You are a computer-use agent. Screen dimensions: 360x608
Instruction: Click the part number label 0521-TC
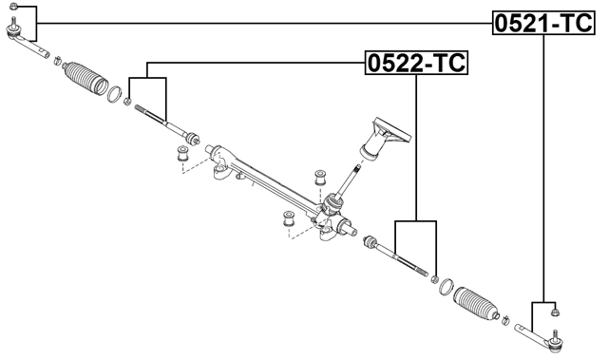(x=542, y=22)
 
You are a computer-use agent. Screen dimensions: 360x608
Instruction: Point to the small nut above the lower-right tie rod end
(x=556, y=310)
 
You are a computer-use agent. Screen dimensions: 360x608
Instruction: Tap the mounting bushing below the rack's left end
(x=182, y=153)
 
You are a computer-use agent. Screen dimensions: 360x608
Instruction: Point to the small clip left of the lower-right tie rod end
(x=505, y=318)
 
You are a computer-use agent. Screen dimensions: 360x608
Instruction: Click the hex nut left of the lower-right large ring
(x=434, y=279)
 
